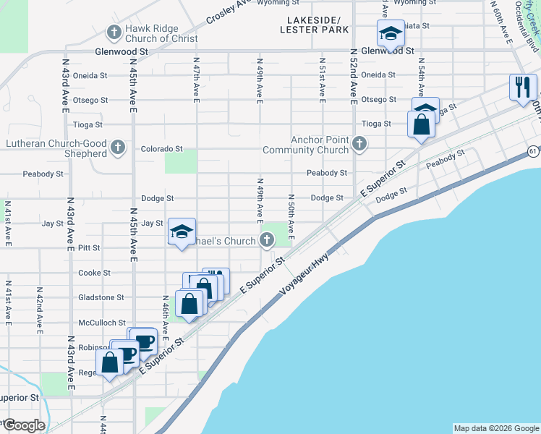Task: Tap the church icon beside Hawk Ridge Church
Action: pos(114,33)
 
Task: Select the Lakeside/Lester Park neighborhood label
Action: pos(317,25)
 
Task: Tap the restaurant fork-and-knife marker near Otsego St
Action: pos(521,87)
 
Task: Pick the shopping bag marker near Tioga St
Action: pos(421,124)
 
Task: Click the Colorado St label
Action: pos(161,148)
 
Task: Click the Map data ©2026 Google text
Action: pos(495,428)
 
